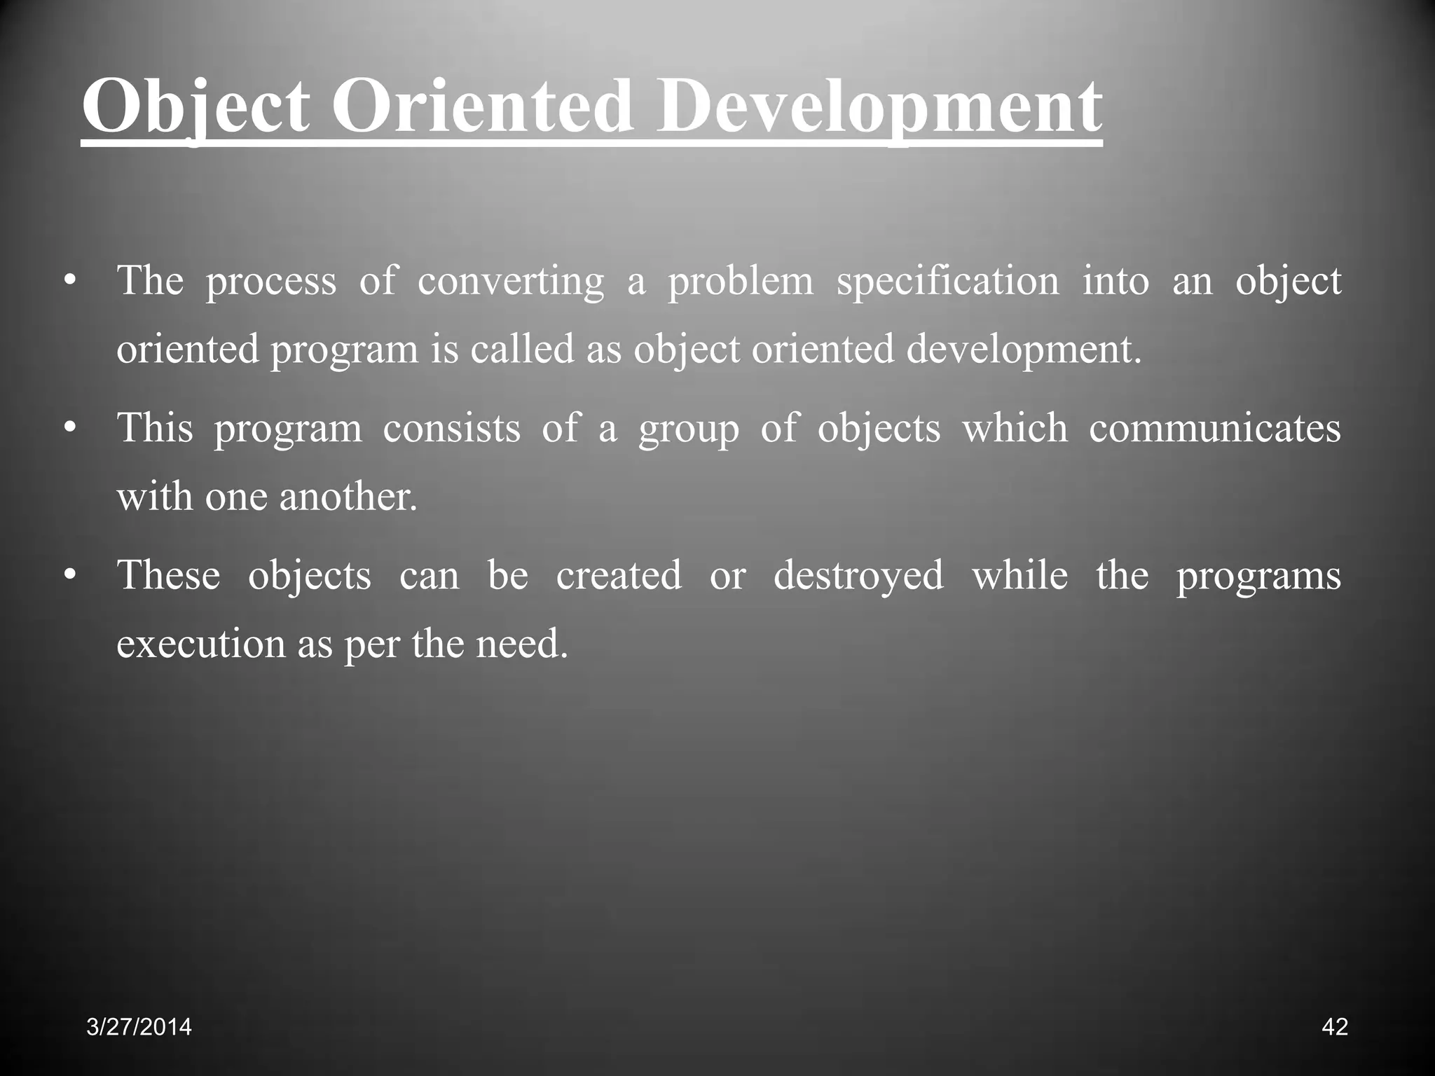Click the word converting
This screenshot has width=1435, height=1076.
(x=511, y=282)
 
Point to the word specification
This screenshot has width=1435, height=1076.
(x=948, y=282)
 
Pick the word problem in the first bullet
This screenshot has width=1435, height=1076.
(x=741, y=282)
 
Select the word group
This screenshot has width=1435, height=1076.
(x=689, y=429)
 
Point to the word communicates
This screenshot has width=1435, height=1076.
(x=1214, y=428)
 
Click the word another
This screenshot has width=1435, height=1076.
(x=348, y=496)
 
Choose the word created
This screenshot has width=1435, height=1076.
(x=619, y=575)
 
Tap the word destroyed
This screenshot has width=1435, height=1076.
(x=858, y=577)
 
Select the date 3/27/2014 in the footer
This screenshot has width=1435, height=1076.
(x=139, y=1027)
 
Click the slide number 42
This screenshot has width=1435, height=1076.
(x=1335, y=1027)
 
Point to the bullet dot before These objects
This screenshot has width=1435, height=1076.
(x=68, y=575)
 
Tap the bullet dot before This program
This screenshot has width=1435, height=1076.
(x=68, y=428)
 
